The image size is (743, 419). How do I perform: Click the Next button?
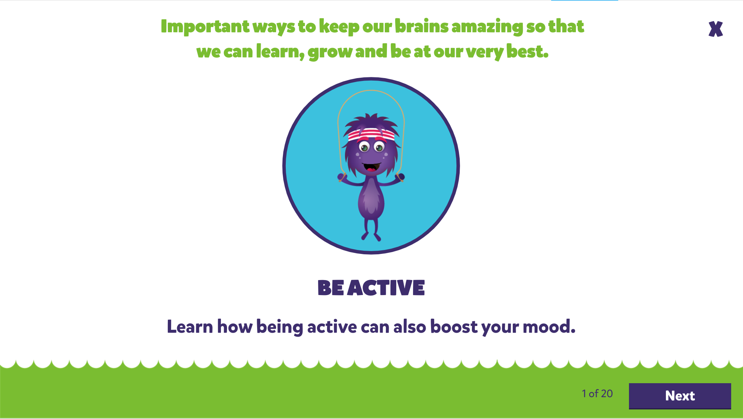[680, 396]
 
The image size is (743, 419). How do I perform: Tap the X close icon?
[716, 29]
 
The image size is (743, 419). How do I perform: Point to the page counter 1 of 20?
[597, 394]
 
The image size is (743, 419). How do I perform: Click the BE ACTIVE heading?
[371, 288]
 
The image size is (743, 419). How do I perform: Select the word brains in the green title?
[422, 26]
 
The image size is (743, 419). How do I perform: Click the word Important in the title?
[205, 27]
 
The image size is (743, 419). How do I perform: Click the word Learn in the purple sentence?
[190, 327]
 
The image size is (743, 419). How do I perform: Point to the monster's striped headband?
[371, 135]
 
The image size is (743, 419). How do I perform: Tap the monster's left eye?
[364, 146]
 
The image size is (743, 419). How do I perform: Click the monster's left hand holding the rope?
[341, 177]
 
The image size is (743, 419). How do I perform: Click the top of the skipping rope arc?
[371, 90]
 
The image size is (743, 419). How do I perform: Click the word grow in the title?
[330, 52]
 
